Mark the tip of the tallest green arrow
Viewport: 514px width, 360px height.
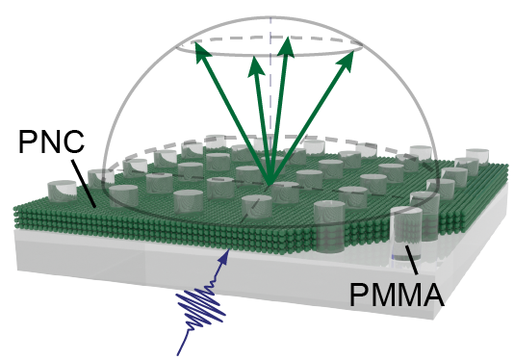click(x=287, y=37)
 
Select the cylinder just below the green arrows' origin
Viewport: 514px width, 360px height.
click(x=256, y=206)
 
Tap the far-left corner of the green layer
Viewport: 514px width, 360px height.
click(x=17, y=208)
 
